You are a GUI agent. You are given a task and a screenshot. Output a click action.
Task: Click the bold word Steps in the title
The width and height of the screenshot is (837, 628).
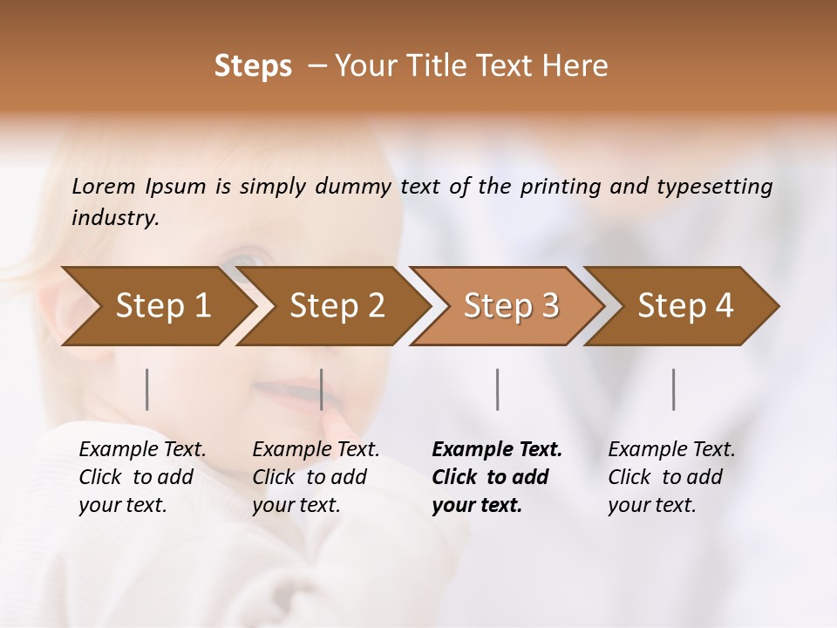[253, 66]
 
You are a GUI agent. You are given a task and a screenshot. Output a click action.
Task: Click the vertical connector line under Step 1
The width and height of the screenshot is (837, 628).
[147, 389]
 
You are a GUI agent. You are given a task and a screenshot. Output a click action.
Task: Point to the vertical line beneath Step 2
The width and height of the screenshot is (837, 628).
[322, 389]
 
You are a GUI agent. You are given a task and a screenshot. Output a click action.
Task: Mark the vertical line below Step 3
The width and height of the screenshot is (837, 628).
[498, 389]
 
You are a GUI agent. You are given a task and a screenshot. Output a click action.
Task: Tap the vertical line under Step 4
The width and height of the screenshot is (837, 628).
[674, 389]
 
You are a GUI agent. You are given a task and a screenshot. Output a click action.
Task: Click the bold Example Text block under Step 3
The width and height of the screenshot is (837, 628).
[497, 477]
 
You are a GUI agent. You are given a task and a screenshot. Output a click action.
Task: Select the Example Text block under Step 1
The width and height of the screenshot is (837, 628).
[142, 477]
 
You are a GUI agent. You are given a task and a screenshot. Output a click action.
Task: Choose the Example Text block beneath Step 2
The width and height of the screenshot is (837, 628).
[316, 477]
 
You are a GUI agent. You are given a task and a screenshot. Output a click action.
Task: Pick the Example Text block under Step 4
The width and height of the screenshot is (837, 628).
[671, 477]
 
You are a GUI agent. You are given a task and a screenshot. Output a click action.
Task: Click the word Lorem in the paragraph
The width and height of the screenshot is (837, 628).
[104, 187]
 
